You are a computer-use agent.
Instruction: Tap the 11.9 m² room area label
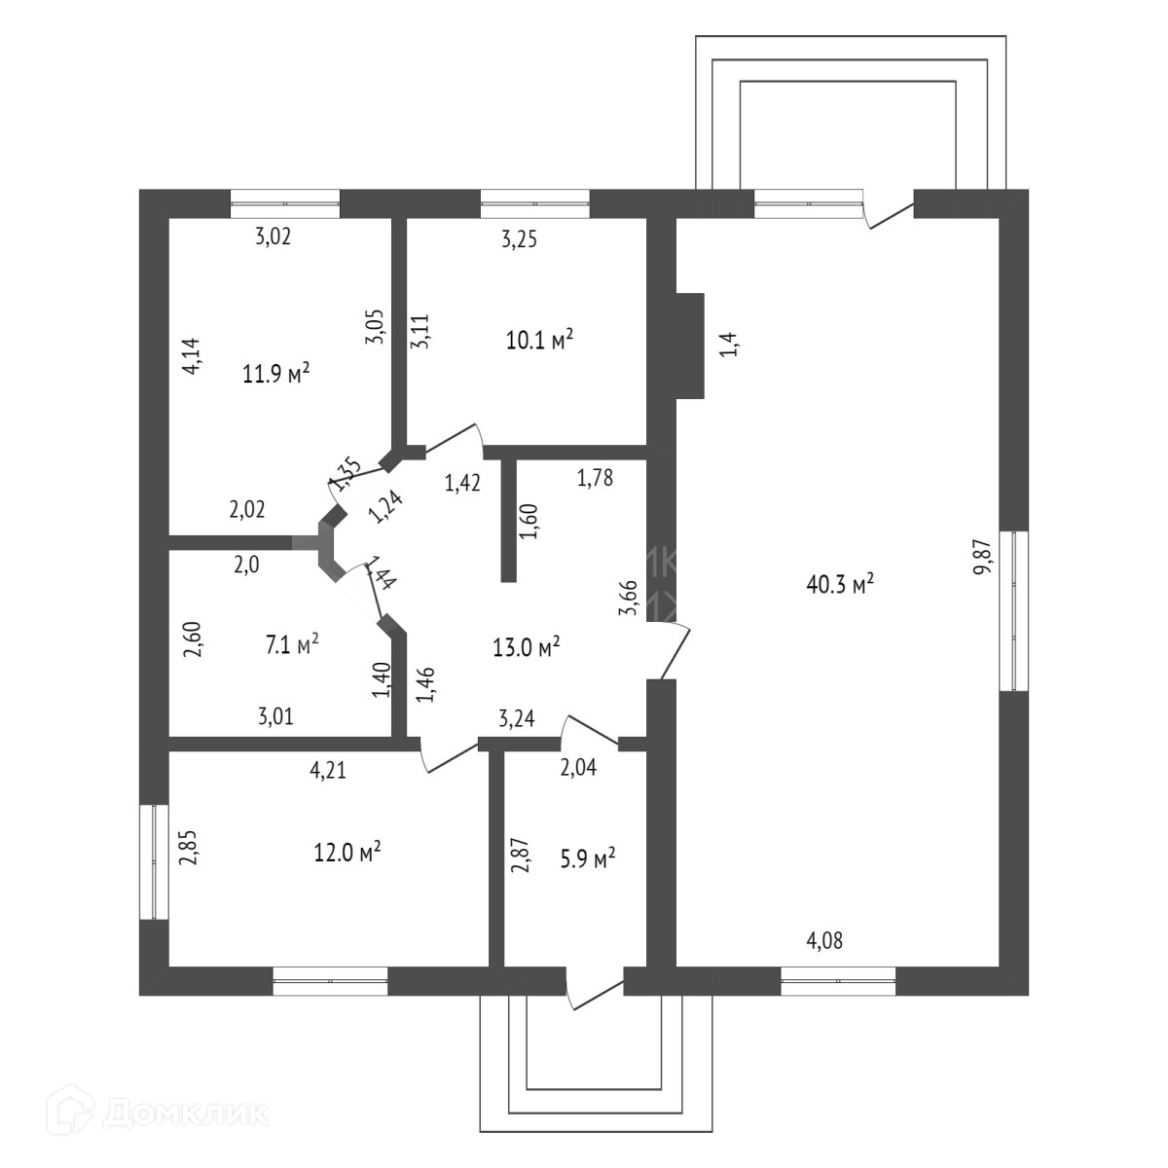[276, 373]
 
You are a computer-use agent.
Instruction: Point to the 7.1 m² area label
[293, 644]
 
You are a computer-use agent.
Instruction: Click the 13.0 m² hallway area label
[527, 647]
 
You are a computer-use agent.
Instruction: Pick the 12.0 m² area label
[347, 852]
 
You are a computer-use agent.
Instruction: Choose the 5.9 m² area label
[591, 859]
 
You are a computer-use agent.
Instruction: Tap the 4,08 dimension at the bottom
[824, 941]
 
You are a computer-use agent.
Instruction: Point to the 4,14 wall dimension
[192, 355]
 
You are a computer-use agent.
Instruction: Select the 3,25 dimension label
[520, 238]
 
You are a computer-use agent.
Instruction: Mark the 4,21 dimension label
[328, 772]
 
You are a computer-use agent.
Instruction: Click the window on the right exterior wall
[1014, 610]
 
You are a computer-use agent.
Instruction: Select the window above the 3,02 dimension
[285, 203]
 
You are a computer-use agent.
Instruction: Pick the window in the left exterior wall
[154, 861]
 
